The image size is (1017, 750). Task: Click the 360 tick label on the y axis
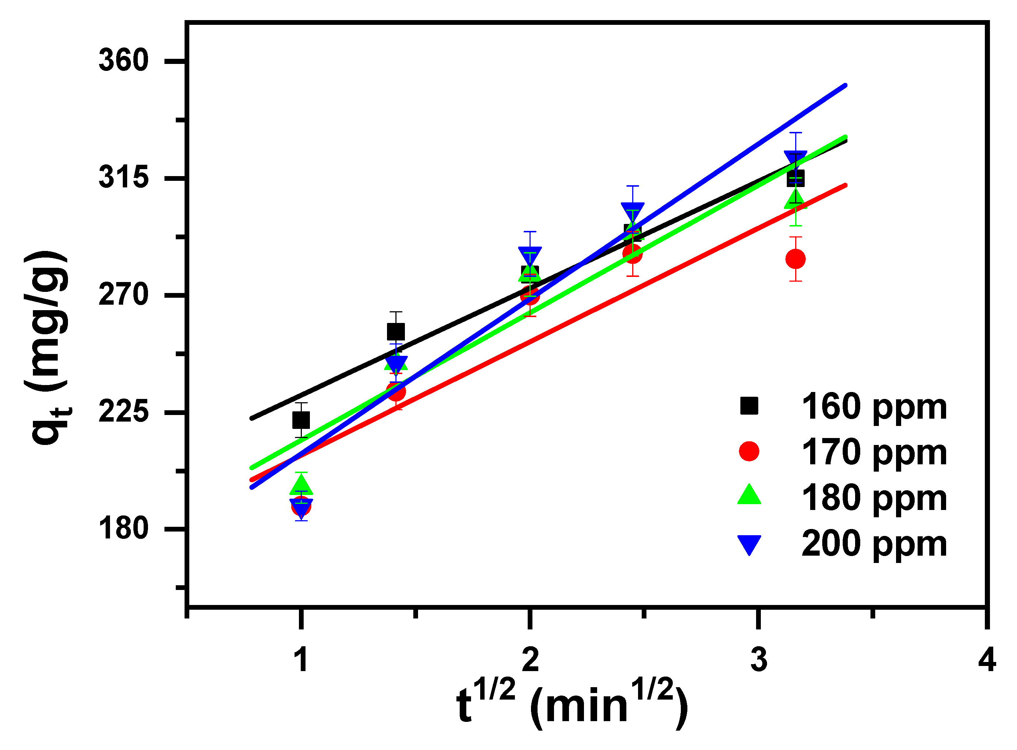[124, 60]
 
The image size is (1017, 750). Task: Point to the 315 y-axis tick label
[124, 177]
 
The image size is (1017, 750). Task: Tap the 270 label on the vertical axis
[124, 295]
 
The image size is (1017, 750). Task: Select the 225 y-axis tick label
[124, 412]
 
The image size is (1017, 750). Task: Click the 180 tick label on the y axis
[124, 529]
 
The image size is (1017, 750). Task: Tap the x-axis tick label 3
[759, 660]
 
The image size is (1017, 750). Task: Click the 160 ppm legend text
[874, 407]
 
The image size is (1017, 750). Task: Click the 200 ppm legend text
[874, 544]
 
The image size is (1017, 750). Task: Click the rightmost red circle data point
[796, 259]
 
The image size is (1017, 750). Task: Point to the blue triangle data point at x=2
[530, 256]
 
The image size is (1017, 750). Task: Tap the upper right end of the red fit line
[845, 185]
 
